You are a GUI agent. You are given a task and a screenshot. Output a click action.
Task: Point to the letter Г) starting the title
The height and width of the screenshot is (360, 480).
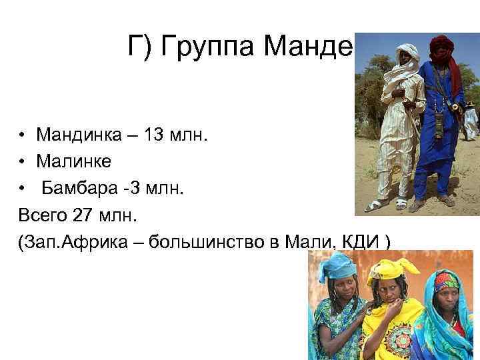tap(137, 47)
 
